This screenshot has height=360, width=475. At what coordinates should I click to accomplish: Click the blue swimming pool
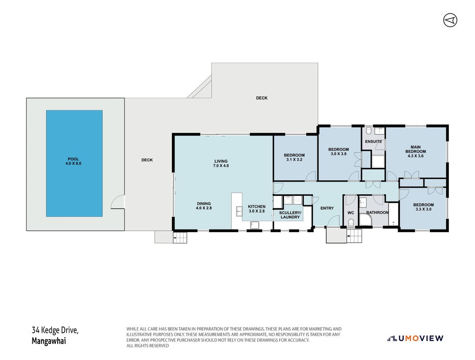[x=74, y=163]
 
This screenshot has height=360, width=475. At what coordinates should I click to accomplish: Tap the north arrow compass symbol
[x=450, y=20]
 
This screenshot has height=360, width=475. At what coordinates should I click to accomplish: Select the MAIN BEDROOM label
[x=416, y=151]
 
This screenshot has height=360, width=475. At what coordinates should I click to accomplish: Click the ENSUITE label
[x=373, y=141]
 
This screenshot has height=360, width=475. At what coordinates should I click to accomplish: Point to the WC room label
[x=350, y=213]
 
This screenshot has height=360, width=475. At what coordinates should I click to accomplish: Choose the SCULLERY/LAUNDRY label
[x=290, y=215]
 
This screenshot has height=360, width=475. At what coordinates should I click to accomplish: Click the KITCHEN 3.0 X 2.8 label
[x=257, y=209]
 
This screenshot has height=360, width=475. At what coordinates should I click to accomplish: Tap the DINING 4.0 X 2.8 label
[x=204, y=206]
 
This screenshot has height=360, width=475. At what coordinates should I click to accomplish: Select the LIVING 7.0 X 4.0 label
[x=221, y=163]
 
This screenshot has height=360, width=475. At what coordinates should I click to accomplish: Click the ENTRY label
[x=327, y=208]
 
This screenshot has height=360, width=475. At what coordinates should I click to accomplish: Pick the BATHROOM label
[x=377, y=212]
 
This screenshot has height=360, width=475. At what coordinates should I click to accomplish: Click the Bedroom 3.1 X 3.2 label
[x=294, y=157]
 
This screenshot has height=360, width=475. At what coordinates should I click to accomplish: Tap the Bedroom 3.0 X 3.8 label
[x=339, y=151]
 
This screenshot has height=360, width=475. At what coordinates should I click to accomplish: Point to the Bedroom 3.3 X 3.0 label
[x=424, y=207]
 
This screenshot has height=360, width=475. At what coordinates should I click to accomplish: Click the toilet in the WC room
[x=351, y=223]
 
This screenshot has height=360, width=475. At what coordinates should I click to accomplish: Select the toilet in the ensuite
[x=369, y=131]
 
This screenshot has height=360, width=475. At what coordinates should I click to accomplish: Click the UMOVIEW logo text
[x=421, y=338]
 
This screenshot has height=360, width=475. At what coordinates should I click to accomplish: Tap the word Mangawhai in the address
[x=49, y=341]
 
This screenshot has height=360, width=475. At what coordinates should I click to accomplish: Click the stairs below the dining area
[x=180, y=238]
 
